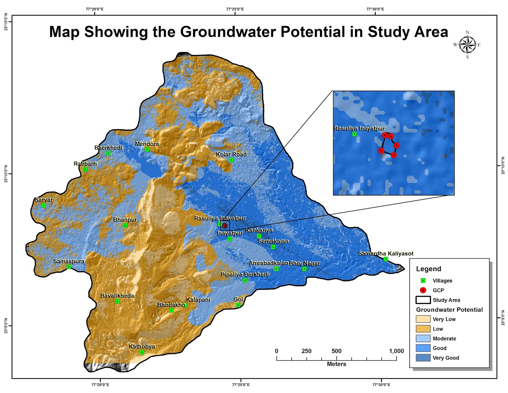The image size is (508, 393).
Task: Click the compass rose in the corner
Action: click(467, 45)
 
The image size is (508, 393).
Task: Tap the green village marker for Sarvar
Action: click(44, 206)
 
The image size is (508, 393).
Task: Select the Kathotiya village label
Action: click(142, 346)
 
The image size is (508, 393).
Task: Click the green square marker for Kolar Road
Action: click(231, 160)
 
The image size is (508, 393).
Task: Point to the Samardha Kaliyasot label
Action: click(386, 253)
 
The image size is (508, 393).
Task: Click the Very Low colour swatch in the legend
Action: click(423, 319)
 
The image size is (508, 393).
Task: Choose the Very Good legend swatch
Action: click(423, 358)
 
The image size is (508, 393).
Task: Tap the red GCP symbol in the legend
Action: click(423, 290)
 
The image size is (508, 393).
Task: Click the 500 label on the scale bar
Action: click(336, 351)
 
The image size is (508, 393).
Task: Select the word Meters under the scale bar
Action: click(336, 364)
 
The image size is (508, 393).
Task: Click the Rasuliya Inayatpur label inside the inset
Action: click(359, 128)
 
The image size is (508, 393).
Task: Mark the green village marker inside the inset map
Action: click(354, 134)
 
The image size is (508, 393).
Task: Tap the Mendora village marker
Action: click(147, 149)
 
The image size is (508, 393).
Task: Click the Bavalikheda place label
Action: click(117, 295)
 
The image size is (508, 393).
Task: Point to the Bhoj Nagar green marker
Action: click(304, 269)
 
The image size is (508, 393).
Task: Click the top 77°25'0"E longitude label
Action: click(235, 9)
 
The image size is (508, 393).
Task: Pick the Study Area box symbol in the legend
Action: click(423, 300)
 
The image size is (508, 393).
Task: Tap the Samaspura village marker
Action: click(69, 267)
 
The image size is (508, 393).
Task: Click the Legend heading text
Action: click(429, 269)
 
